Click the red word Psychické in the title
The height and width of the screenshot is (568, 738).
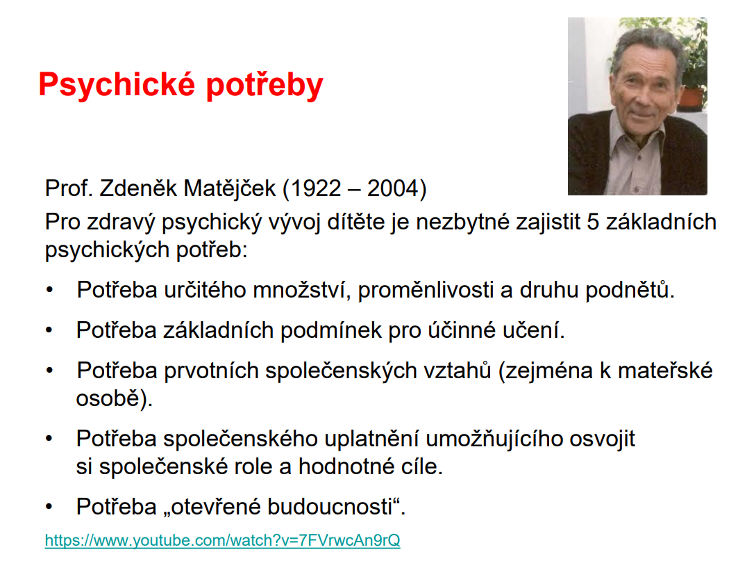117,86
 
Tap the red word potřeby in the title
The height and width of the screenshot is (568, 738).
265,86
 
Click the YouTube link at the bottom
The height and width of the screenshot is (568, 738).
223,540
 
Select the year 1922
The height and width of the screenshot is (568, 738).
316,188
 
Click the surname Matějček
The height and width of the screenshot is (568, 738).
230,188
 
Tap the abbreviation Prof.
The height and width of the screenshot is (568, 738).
69,188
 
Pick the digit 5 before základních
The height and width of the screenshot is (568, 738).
593,222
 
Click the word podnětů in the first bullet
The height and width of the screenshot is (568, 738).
630,289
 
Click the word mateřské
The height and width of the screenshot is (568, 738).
665,371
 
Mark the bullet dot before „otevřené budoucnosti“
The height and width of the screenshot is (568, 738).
49,508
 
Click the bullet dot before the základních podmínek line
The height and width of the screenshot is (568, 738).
49,330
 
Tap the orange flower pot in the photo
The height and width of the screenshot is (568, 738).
691,99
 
